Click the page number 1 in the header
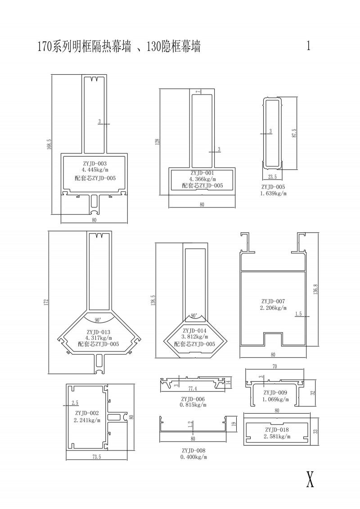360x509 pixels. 308,46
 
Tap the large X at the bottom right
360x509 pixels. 310,480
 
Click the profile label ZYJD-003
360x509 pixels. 94,163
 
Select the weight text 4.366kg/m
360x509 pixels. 202,179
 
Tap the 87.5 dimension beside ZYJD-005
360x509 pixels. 294,134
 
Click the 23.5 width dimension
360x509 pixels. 272,177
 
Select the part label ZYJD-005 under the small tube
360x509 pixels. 273,187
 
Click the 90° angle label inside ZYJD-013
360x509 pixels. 98,320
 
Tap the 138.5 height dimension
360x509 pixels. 153,301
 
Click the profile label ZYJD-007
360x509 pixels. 273,301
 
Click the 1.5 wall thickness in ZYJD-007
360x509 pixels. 298,314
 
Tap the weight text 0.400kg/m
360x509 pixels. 194,457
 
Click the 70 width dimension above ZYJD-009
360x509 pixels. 274,367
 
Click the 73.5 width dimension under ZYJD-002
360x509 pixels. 96,457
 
